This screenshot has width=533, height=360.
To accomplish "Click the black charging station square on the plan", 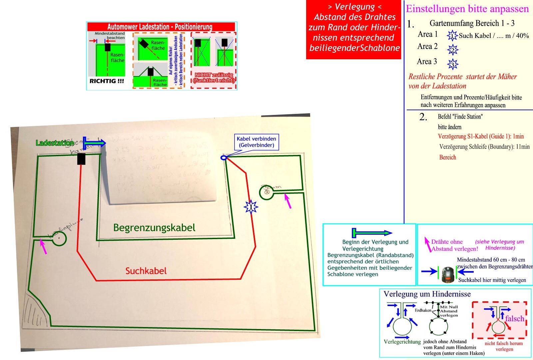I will pyautogui.click(x=81, y=159).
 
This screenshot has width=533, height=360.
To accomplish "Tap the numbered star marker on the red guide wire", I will pyautogui.click(x=251, y=207).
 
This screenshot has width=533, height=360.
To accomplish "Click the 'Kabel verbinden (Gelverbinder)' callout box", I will pyautogui.click(x=256, y=142).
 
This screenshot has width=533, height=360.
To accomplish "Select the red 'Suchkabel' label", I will pyautogui.click(x=146, y=271).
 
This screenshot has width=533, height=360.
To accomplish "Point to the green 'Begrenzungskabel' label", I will pyautogui.click(x=154, y=228).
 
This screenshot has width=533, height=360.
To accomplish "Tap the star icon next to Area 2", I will pyautogui.click(x=453, y=50).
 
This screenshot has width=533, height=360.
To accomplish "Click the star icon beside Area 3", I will pyautogui.click(x=453, y=64).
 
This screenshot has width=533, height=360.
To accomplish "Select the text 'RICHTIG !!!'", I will pyautogui.click(x=107, y=81).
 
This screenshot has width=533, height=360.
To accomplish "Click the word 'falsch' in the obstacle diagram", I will pyautogui.click(x=514, y=319).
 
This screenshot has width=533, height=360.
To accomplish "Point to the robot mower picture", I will pyautogui.click(x=448, y=274).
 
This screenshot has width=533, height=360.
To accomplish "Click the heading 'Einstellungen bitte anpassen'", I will pyautogui.click(x=467, y=9).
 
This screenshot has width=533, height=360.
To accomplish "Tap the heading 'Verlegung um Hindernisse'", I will pyautogui.click(x=427, y=294).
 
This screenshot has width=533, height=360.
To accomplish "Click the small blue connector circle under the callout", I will pyautogui.click(x=224, y=158).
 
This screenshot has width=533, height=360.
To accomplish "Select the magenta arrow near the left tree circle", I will pyautogui.click(x=43, y=246).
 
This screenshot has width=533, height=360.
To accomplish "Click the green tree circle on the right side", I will pyautogui.click(x=266, y=192).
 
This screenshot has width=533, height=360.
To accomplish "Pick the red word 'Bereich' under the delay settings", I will pyautogui.click(x=447, y=157).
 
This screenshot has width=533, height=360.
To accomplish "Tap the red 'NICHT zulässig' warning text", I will pyautogui.click(x=214, y=78).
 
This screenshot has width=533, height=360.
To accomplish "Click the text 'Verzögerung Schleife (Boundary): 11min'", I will pyautogui.click(x=484, y=147).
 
